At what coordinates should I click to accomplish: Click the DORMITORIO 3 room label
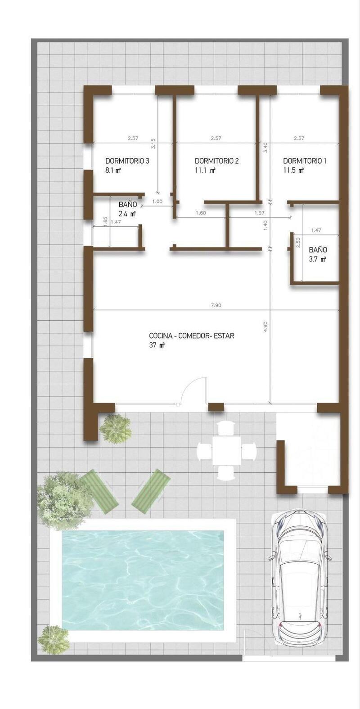(x=127, y=161)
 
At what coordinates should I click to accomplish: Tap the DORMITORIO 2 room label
(x=216, y=161)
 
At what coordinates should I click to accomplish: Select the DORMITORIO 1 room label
(x=305, y=161)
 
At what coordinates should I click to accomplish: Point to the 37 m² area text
(x=157, y=345)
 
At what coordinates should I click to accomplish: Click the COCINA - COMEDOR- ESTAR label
(x=191, y=336)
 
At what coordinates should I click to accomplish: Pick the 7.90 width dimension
(x=216, y=305)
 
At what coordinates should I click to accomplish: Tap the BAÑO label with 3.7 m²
(x=318, y=250)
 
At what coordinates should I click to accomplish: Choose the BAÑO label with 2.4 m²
(x=127, y=205)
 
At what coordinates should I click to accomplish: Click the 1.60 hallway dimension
(x=201, y=213)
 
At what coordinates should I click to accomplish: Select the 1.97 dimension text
(x=259, y=213)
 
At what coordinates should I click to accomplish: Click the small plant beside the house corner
(x=115, y=428)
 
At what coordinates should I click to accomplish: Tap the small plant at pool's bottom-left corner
(x=54, y=639)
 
